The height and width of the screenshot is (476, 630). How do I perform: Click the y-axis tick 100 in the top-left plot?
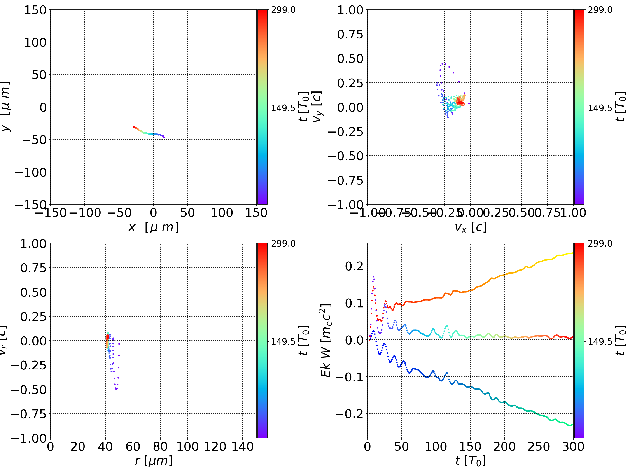tap(35, 42)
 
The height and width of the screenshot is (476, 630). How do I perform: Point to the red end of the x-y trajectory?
tap(133, 126)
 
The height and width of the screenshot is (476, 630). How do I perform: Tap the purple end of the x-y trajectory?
tap(164, 137)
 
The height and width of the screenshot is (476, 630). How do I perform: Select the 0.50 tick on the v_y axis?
tap(350, 59)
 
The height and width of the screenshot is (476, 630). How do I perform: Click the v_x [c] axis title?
tap(470, 227)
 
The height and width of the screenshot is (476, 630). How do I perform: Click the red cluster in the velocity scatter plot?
tap(459, 101)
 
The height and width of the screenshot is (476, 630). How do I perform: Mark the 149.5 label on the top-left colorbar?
tap(283, 108)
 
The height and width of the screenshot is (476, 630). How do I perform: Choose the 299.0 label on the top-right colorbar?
tap(600, 10)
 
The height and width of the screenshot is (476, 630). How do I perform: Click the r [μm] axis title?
tap(154, 461)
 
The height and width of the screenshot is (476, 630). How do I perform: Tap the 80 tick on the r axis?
tap(160, 447)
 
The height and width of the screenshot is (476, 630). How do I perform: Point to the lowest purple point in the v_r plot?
tap(116, 389)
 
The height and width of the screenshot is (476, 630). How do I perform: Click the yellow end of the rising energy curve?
tap(572, 253)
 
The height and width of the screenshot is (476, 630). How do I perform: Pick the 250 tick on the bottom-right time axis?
tap(539, 447)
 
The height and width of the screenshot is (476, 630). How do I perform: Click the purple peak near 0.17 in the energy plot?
tap(373, 276)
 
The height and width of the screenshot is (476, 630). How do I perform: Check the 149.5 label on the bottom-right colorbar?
tap(600, 341)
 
